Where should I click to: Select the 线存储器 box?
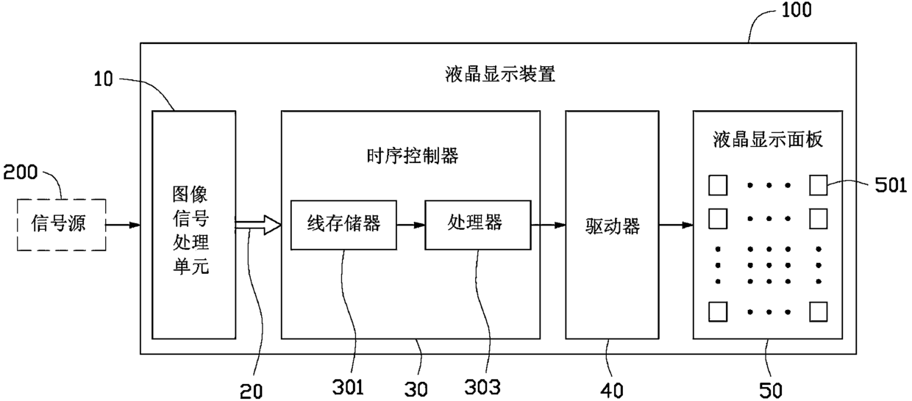point(343,224)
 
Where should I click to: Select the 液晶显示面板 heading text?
point(767,140)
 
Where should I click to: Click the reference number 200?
point(24,173)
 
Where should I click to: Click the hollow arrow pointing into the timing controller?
point(257,225)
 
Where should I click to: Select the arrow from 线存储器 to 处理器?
point(410,224)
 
